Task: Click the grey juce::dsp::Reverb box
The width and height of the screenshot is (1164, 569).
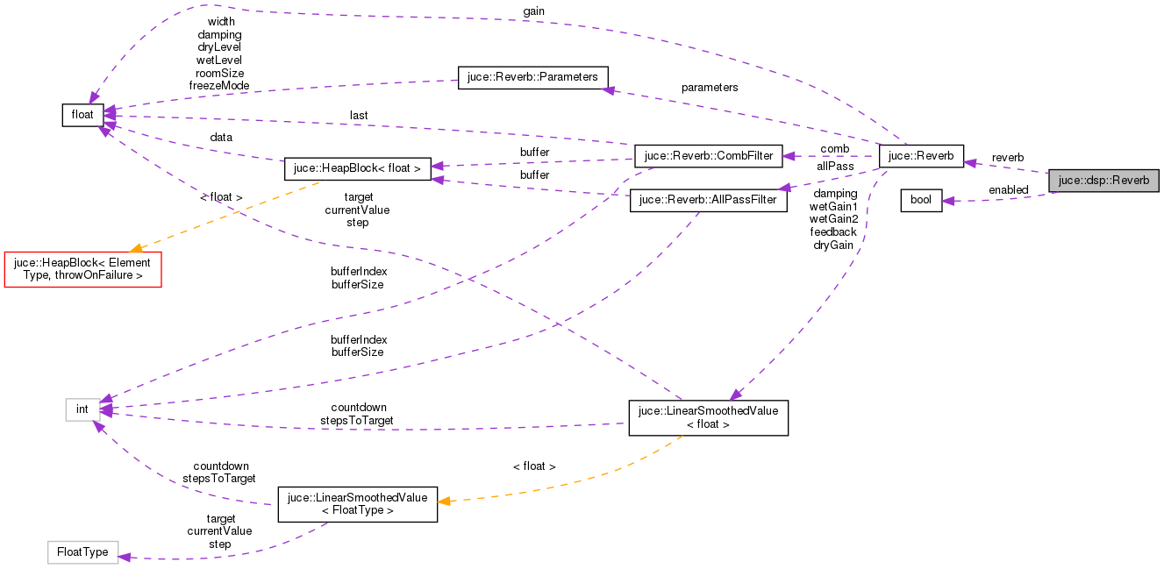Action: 1103,181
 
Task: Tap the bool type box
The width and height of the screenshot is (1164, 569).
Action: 921,200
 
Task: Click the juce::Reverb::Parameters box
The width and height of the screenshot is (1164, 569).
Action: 532,77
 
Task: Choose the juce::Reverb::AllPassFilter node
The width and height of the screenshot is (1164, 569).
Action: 703,200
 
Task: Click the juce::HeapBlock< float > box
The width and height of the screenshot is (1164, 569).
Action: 357,168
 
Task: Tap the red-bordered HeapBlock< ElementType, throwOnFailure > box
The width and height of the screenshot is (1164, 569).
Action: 83,268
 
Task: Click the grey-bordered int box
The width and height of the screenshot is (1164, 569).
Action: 82,409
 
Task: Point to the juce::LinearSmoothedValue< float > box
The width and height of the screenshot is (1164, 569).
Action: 708,417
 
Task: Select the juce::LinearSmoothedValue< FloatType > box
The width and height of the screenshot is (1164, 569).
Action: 357,504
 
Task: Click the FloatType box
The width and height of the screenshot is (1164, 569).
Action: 82,551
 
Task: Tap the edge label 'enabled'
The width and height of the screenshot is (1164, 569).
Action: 1008,190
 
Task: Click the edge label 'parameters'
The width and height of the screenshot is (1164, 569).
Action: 710,88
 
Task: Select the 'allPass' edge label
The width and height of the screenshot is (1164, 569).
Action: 834,166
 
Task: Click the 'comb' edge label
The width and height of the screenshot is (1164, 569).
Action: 834,149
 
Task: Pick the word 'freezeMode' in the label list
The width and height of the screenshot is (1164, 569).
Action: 219,86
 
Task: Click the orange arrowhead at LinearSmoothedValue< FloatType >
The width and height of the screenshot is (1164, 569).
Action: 445,501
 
